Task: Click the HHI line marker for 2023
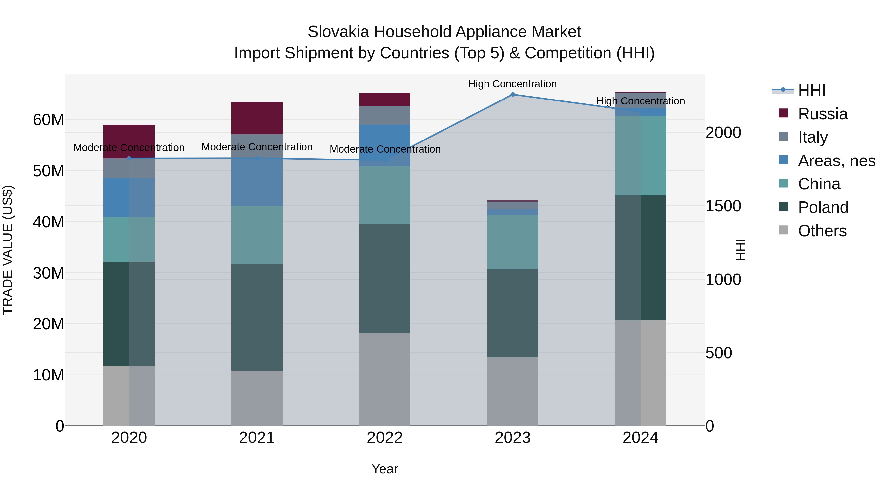(x=512, y=95)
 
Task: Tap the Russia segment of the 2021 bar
(x=257, y=118)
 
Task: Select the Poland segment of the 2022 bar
(x=385, y=279)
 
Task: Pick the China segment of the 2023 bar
(x=512, y=242)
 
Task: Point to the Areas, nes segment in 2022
(x=385, y=145)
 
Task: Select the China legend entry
(x=819, y=184)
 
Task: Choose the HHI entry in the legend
(x=811, y=90)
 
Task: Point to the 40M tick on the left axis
(x=48, y=222)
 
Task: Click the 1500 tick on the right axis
(x=723, y=206)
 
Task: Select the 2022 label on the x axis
(x=385, y=438)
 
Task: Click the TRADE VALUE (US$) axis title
(x=8, y=250)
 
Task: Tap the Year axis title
(x=385, y=469)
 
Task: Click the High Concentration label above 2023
(x=512, y=84)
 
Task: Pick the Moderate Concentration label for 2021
(x=257, y=147)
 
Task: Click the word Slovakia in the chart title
(x=338, y=32)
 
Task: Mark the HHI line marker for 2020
(x=129, y=158)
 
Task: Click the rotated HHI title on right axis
(x=740, y=250)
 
